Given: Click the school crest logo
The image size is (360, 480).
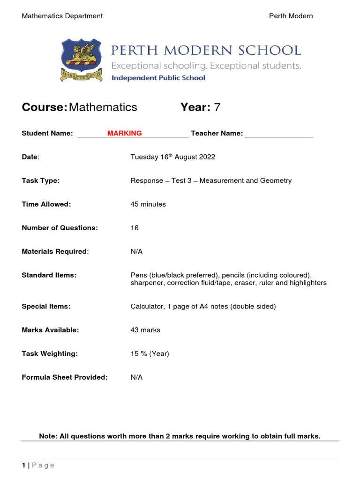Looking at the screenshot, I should (x=81, y=60).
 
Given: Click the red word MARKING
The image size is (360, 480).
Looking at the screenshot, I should (x=124, y=134).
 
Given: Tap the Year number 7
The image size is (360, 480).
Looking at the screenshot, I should (x=217, y=107).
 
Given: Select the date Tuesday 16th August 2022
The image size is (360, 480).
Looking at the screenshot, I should (x=172, y=157).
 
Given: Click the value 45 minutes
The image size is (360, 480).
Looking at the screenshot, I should (x=148, y=204).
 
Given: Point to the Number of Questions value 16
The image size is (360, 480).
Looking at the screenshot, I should (x=135, y=228).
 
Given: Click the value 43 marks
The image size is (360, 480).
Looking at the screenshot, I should (x=145, y=330).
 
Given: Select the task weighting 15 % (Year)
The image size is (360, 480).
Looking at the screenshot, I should (x=150, y=354).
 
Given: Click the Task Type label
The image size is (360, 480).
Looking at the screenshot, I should (x=41, y=180).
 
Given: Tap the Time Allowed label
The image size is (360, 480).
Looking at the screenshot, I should (x=46, y=204).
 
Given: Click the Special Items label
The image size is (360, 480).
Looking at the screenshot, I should (x=46, y=307).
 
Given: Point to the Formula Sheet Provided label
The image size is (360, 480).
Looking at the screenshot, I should (x=65, y=377).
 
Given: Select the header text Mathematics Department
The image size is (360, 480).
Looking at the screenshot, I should (x=62, y=16).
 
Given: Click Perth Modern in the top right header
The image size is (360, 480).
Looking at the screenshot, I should (x=291, y=16).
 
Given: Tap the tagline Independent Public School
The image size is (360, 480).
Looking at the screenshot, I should (x=158, y=78).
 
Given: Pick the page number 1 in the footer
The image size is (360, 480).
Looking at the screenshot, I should (x=23, y=465).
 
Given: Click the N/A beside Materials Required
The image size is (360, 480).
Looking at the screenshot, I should (x=136, y=252).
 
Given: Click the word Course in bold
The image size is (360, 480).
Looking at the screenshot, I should (x=44, y=107).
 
